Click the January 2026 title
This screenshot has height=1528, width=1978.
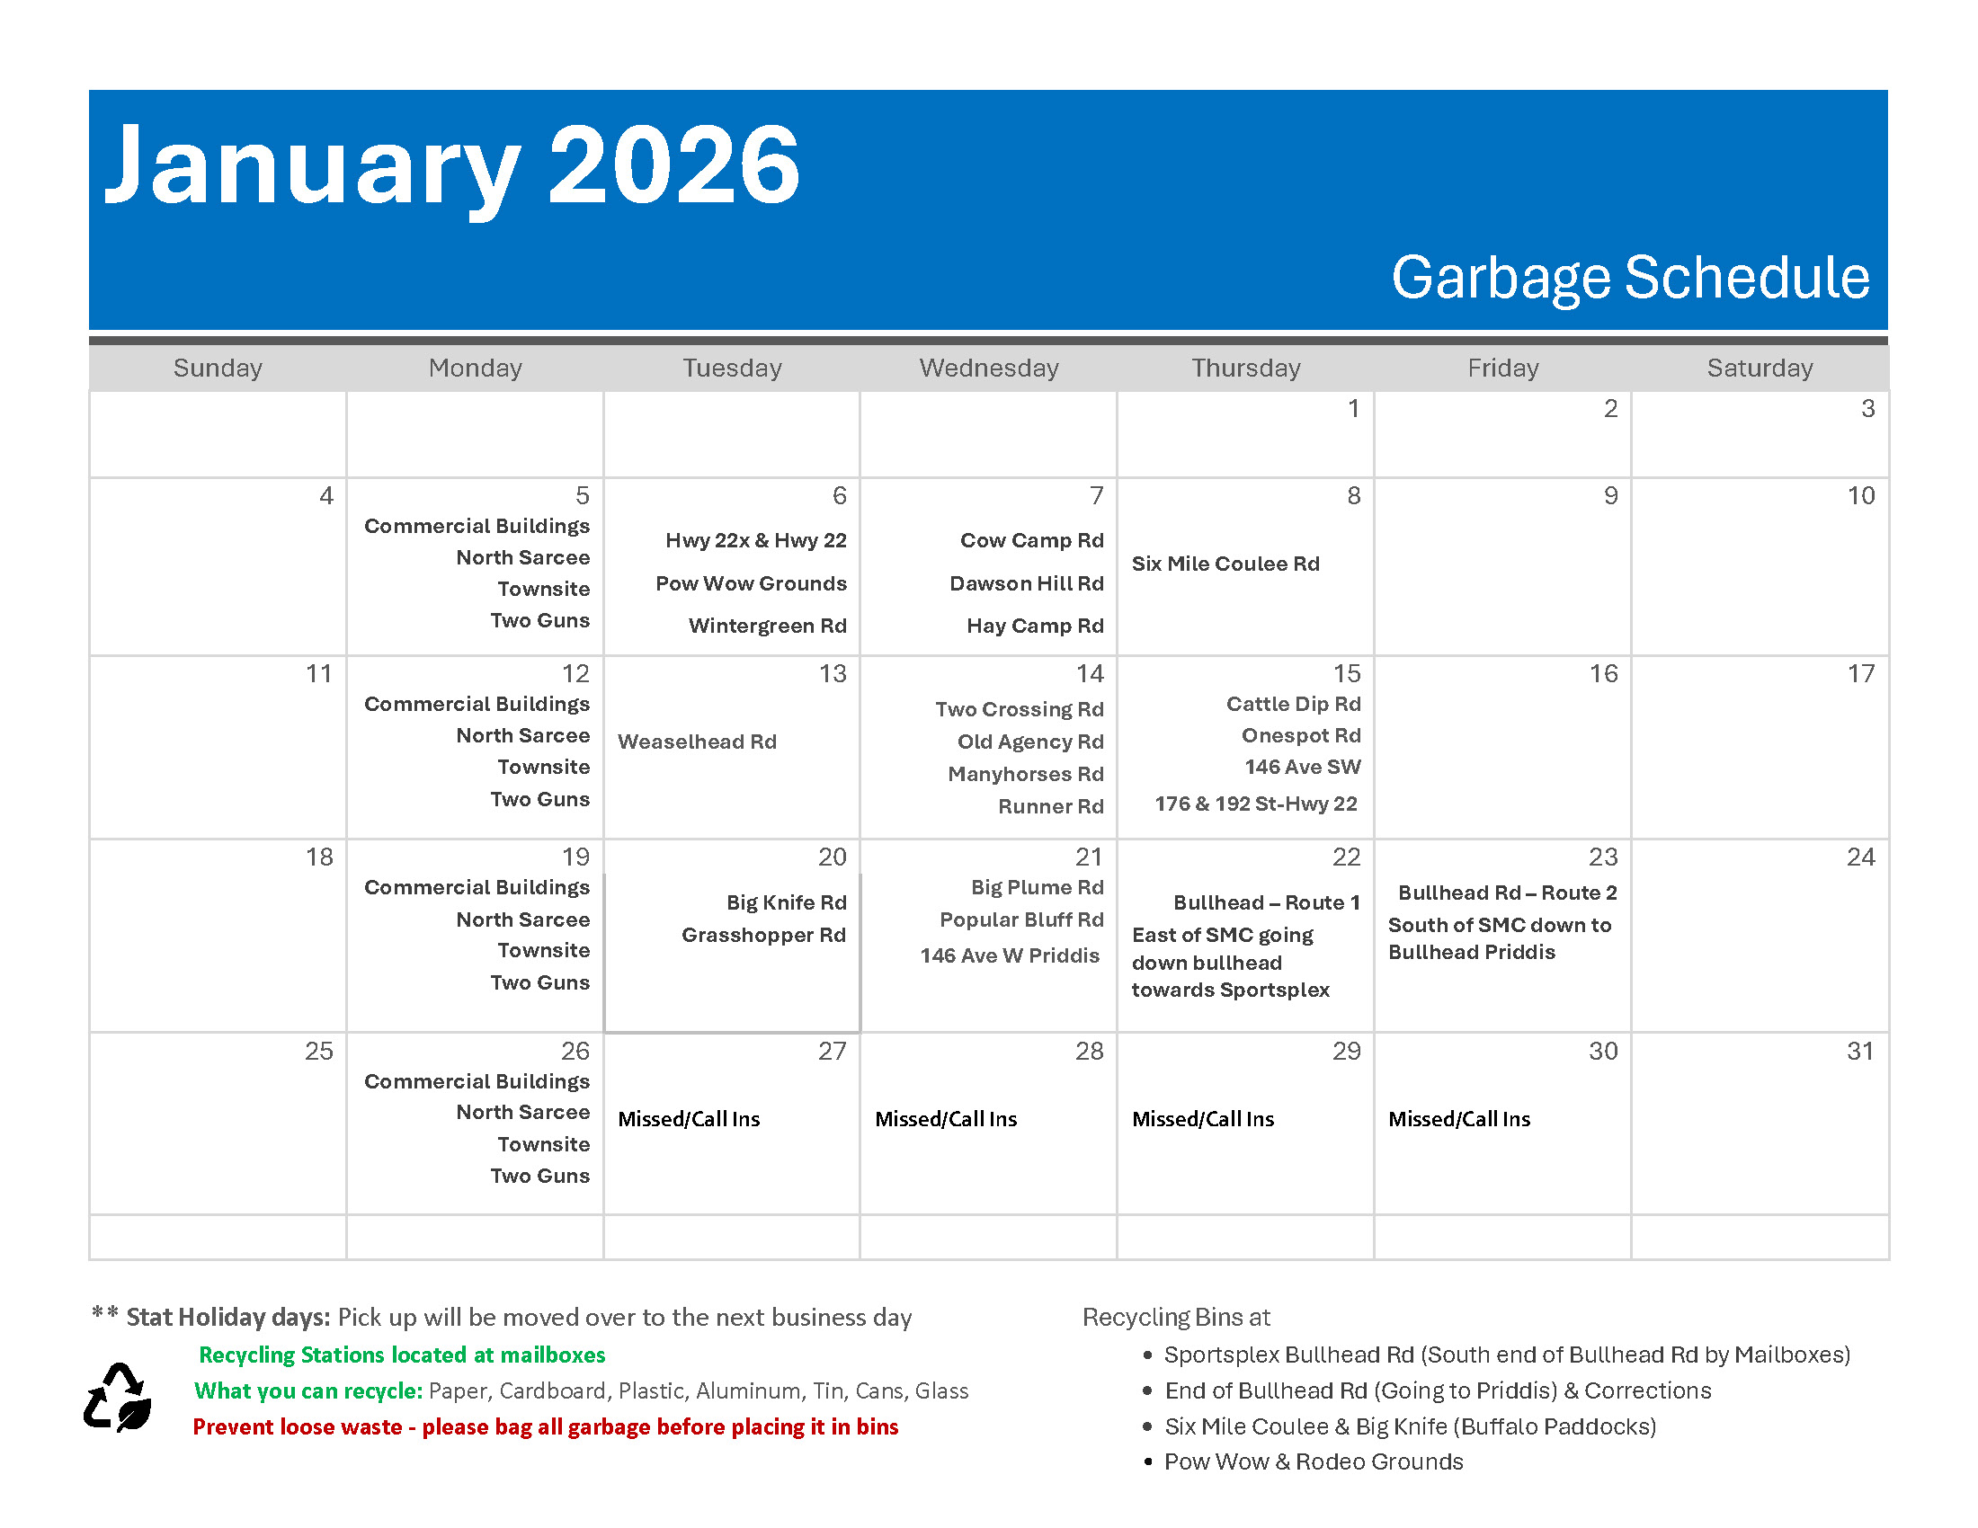click(x=452, y=168)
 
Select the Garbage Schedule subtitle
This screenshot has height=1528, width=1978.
click(x=1630, y=278)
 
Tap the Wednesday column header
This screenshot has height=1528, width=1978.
click(x=989, y=368)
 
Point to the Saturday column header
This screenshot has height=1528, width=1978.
click(x=1760, y=368)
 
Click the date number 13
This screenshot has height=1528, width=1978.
click(x=833, y=673)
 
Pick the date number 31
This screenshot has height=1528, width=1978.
click(x=1860, y=1051)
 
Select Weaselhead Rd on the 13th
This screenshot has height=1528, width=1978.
click(x=698, y=742)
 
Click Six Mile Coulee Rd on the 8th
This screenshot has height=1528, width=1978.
click(x=1225, y=563)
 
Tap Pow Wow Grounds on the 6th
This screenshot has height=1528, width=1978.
click(x=751, y=583)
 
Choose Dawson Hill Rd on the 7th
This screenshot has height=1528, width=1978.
click(x=1026, y=583)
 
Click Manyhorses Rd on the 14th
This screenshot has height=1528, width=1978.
click(x=1025, y=774)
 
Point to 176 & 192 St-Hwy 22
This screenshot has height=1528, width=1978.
click(x=1255, y=804)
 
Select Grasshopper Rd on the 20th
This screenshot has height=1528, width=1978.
click(x=763, y=935)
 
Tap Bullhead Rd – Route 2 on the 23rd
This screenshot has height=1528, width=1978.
click(x=1507, y=893)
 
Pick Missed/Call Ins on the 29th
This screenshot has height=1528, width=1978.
click(x=1203, y=1119)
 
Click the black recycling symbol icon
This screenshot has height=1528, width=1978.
click(x=118, y=1398)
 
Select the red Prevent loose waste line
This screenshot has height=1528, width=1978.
click(x=545, y=1427)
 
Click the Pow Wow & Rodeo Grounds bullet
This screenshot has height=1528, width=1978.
click(x=1314, y=1461)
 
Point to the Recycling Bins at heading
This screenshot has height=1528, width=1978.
click(x=1176, y=1317)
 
